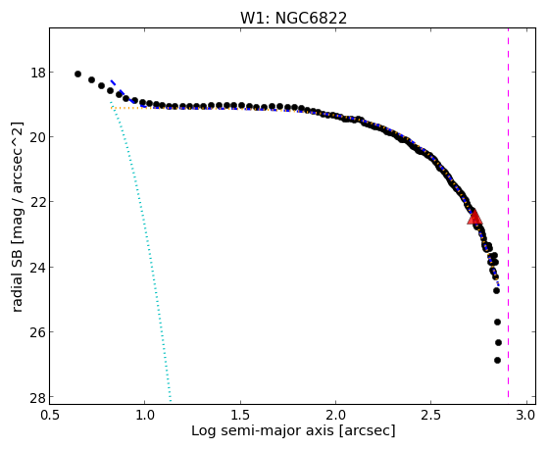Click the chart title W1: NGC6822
pos(293,18)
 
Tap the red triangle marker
pos(474,217)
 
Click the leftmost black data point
pos(77,74)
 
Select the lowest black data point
pos(497,360)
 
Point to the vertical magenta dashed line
pos(508,213)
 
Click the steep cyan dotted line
pos(141,252)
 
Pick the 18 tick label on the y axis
pos(37,74)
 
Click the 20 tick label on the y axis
pos(37,137)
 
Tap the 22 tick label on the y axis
pos(37,202)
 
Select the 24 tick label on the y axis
pos(37,267)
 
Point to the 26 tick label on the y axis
pos(37,331)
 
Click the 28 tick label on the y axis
pos(37,397)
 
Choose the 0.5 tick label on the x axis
pos(50,415)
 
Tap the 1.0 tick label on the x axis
pos(145,415)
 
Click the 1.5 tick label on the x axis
pos(240,415)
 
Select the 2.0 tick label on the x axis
pos(335,415)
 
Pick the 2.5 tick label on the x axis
pos(431,415)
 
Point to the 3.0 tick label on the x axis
pos(526,415)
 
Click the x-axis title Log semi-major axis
pos(263,431)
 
